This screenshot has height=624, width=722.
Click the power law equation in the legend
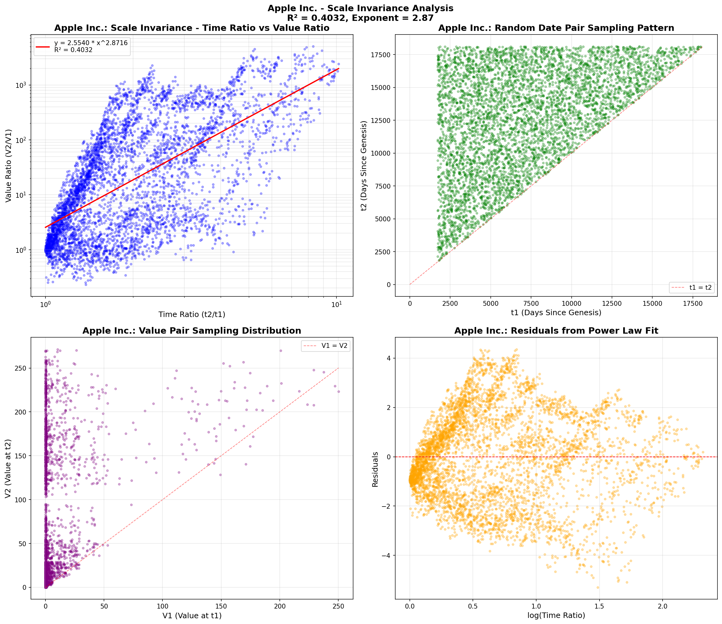pos(91,43)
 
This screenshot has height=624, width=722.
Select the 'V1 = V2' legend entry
pos(334,346)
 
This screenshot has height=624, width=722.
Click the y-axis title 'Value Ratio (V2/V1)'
pos(9,166)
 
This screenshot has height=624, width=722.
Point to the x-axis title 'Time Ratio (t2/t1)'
pos(192,315)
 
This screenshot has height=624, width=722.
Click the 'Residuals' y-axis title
pos(375,469)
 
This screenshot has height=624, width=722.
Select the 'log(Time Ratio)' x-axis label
pos(556,615)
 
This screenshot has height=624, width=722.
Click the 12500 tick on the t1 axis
pos(612,304)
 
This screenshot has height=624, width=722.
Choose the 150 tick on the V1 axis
pos(221,606)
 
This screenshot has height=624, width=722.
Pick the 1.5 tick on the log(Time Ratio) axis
pos(599,606)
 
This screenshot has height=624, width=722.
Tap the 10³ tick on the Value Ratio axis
pos(22,85)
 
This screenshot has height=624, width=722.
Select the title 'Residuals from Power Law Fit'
pos(556,331)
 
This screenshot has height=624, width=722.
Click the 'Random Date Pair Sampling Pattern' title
pos(556,28)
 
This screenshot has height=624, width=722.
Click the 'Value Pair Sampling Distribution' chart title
pos(192,331)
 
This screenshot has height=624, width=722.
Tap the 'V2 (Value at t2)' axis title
pos(9,469)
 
